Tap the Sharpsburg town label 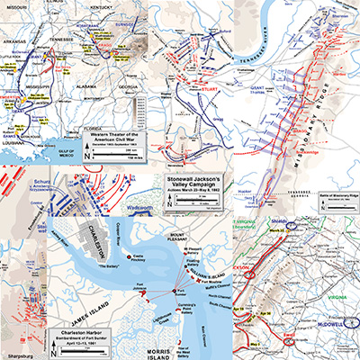pos(20,342)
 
